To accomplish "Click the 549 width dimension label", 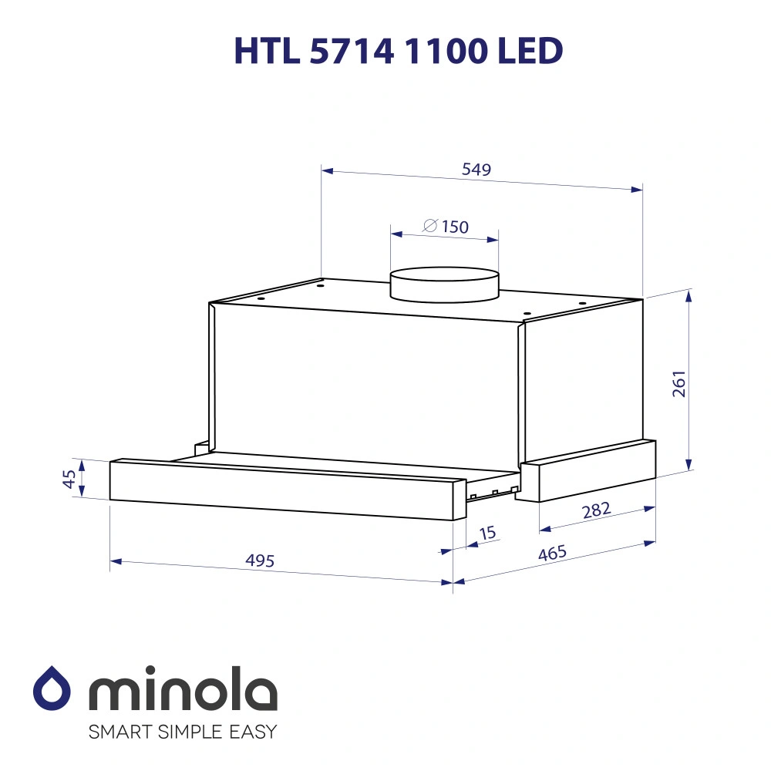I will [x=476, y=170].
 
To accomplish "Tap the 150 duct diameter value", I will [x=456, y=227].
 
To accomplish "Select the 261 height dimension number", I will [x=678, y=383].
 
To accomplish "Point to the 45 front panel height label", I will [x=69, y=479].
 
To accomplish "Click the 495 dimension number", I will [x=260, y=561].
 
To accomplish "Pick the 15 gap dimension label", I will [x=487, y=533].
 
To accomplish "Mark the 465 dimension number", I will [x=552, y=553].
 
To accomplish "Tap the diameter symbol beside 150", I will [x=431, y=226].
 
